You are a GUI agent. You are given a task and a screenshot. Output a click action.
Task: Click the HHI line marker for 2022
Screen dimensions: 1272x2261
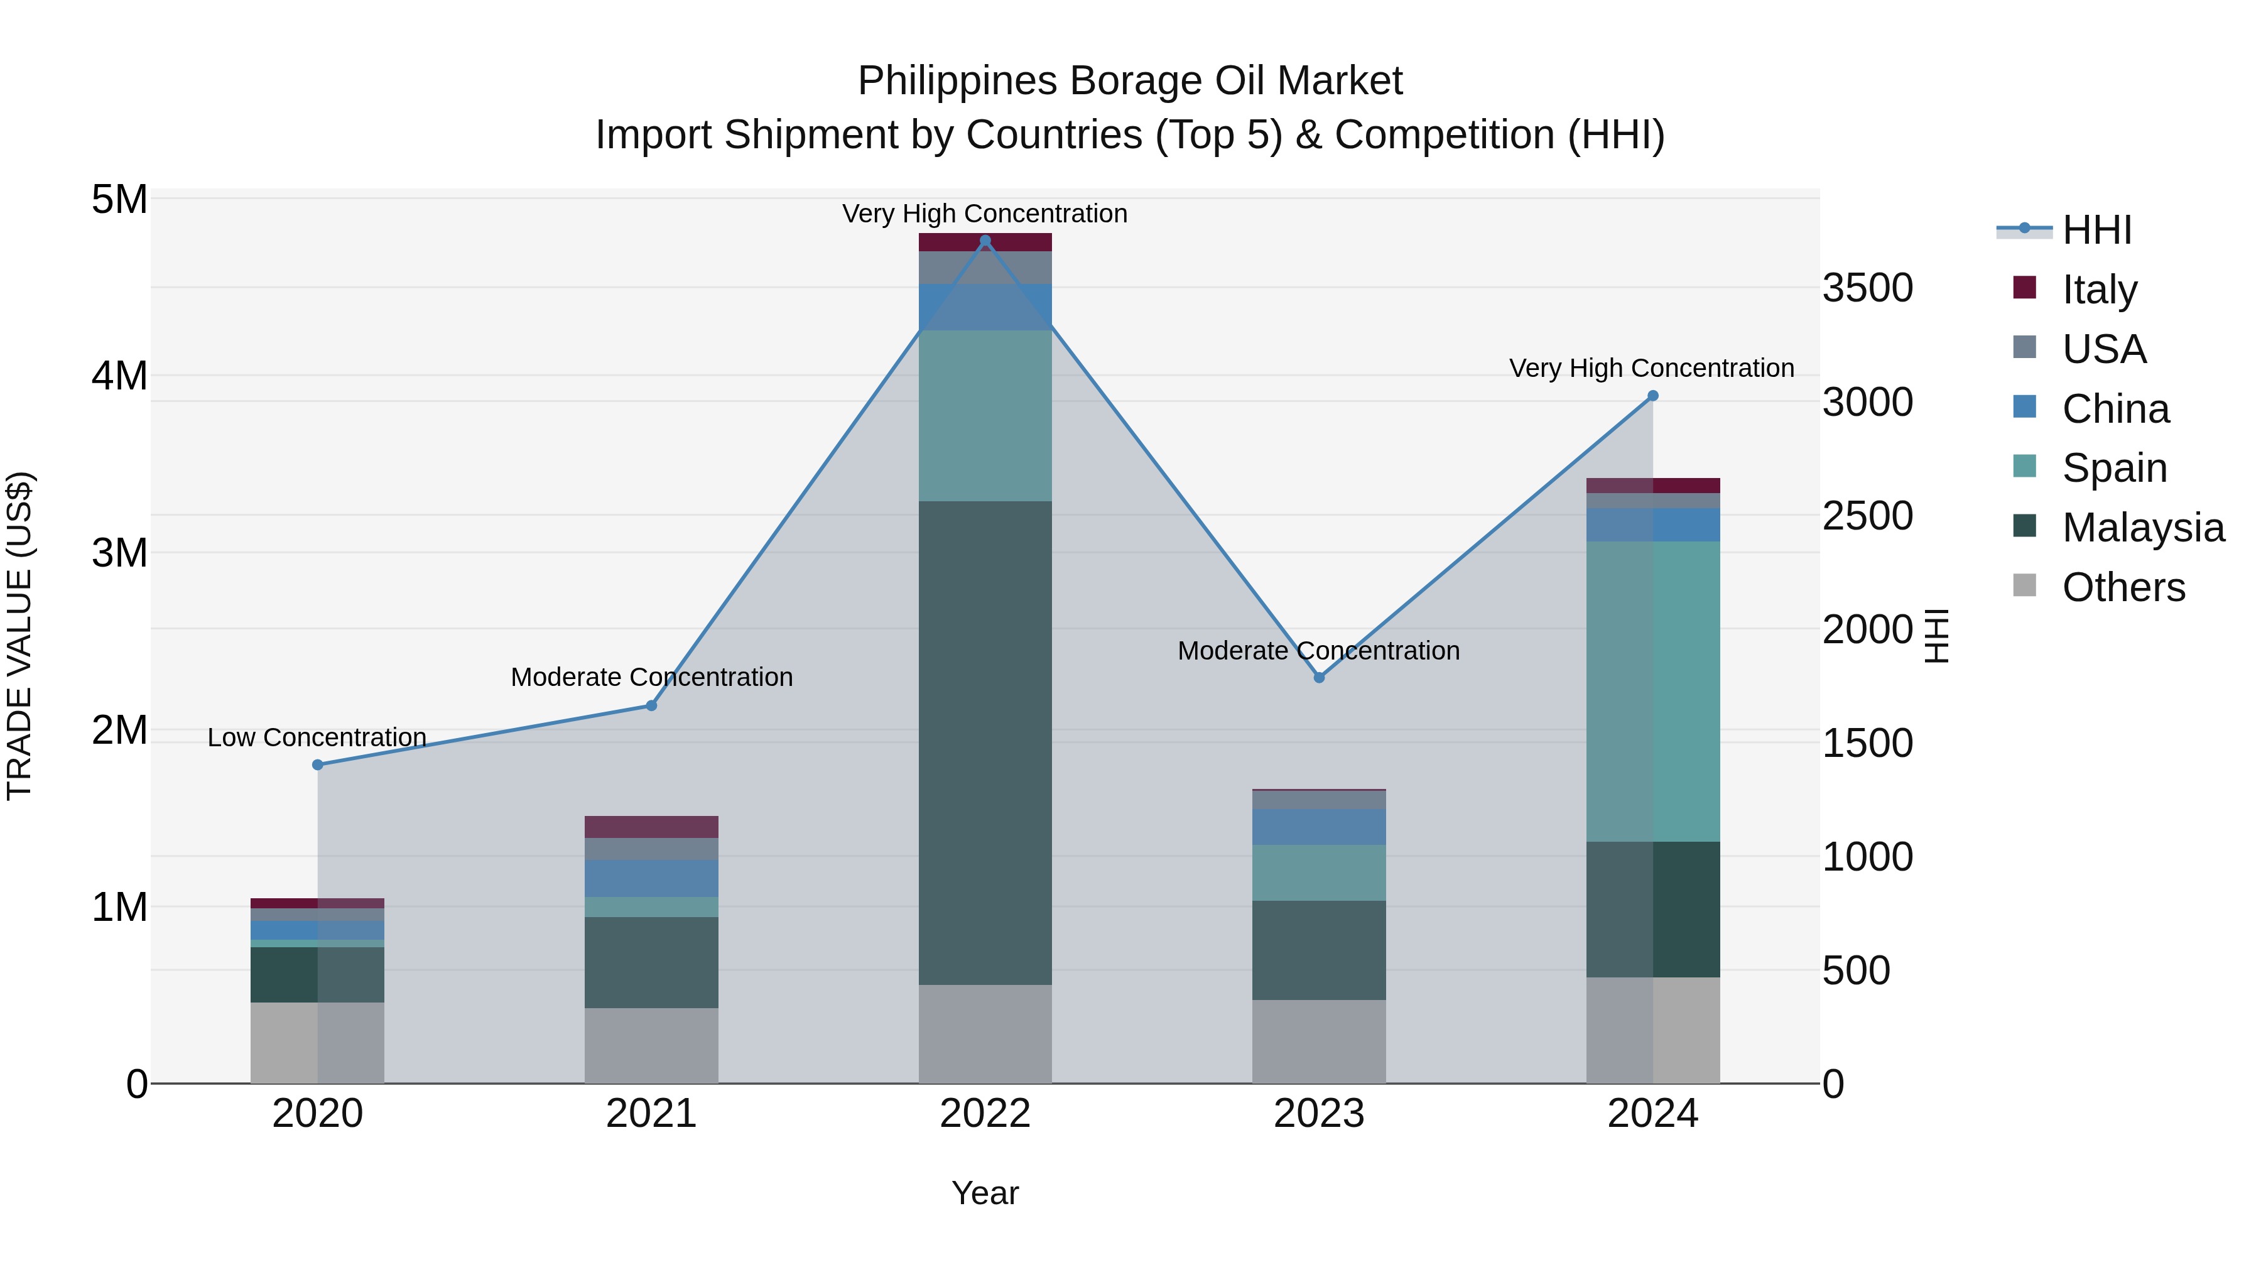tap(985, 241)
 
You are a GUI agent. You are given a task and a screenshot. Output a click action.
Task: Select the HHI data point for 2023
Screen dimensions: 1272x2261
tap(1318, 678)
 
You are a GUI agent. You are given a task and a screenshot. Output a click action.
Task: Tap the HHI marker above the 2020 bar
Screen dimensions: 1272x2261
tap(318, 764)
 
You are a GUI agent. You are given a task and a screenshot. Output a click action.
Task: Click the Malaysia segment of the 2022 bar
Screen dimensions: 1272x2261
tap(985, 742)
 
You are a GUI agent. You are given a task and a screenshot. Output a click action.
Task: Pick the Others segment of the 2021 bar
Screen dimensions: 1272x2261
tap(651, 1045)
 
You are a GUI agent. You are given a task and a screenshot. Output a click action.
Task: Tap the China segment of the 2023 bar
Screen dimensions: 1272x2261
tap(1318, 827)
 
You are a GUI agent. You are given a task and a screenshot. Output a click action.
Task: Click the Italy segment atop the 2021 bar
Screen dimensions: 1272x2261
tap(651, 827)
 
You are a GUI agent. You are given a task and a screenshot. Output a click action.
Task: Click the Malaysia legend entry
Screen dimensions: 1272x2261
tap(2142, 528)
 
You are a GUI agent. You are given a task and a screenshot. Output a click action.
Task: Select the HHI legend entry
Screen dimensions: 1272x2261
tap(2096, 230)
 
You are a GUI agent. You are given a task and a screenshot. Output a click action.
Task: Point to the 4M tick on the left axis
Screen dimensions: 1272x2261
tap(120, 376)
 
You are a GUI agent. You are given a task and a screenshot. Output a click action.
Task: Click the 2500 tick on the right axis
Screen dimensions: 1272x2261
tap(1867, 516)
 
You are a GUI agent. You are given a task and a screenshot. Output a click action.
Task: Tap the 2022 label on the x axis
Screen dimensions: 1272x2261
tap(985, 1114)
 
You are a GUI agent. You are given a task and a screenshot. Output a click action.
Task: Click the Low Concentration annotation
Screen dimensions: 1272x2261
tap(317, 737)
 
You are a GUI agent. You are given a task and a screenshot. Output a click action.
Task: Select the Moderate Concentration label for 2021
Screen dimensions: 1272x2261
tap(651, 677)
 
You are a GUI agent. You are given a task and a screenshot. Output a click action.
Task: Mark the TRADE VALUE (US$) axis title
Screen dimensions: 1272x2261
tap(19, 636)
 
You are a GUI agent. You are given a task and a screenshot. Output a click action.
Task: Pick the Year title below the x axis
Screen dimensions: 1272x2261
tap(985, 1193)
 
